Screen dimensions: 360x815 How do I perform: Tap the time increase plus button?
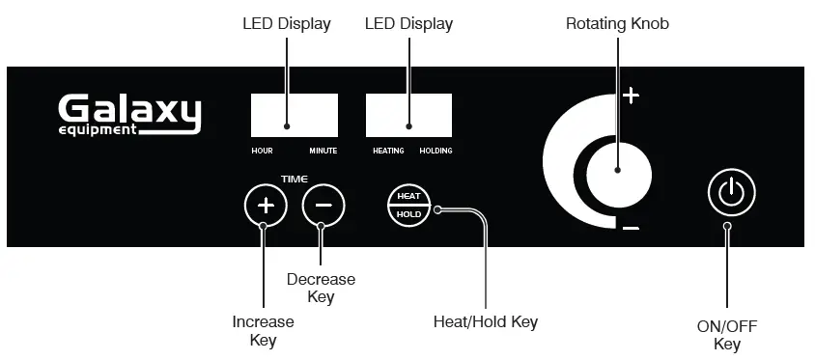pyautogui.click(x=266, y=206)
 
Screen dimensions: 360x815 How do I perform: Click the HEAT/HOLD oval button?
pyautogui.click(x=409, y=205)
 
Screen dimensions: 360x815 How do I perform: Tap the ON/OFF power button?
pyautogui.click(x=731, y=192)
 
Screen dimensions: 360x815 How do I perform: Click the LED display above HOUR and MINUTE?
pyautogui.click(x=295, y=115)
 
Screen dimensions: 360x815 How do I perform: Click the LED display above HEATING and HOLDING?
pyautogui.click(x=408, y=115)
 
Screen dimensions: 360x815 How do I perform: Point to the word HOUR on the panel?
pyautogui.click(x=262, y=152)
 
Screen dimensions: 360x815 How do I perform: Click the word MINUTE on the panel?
pyautogui.click(x=323, y=152)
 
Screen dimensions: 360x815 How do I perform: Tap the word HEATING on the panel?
pyautogui.click(x=389, y=152)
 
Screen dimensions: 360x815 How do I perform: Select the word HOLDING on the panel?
pyautogui.click(x=436, y=152)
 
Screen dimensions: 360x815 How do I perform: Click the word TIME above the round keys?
pyautogui.click(x=294, y=180)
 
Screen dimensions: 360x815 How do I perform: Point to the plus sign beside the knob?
pyautogui.click(x=631, y=96)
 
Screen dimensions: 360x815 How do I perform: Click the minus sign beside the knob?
pyautogui.click(x=631, y=228)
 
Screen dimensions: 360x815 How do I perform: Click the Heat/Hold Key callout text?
pyautogui.click(x=486, y=321)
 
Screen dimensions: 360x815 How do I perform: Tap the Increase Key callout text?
pyautogui.click(x=263, y=330)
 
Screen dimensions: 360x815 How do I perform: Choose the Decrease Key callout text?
pyautogui.click(x=321, y=288)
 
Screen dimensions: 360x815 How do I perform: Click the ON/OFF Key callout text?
pyautogui.click(x=727, y=335)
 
